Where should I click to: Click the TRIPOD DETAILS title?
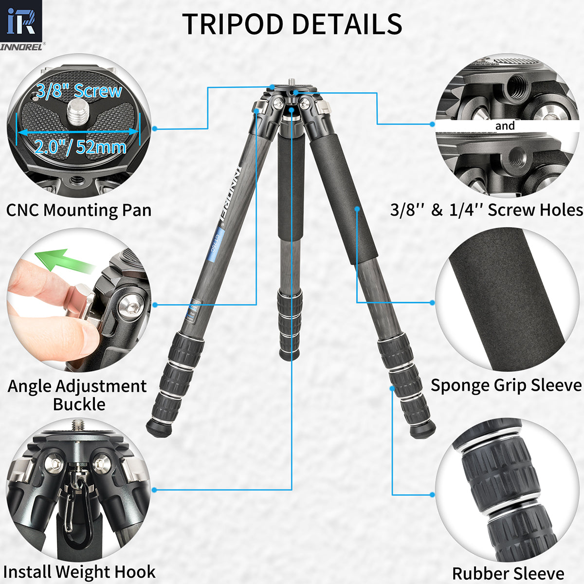coord(292,23)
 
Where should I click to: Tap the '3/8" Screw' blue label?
coord(79,91)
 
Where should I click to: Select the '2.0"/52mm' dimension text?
coord(80,146)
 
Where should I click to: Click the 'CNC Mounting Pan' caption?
coord(79,210)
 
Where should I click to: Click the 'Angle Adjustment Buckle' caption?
coord(78,395)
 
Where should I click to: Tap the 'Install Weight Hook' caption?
coord(79,571)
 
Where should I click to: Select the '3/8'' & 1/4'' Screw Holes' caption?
coord(486,210)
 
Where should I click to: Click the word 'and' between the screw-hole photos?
coord(505,126)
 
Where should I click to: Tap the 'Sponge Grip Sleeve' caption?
coord(506,385)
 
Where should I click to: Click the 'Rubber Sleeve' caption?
coord(508,573)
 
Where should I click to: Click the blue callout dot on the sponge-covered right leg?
coord(357,209)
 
